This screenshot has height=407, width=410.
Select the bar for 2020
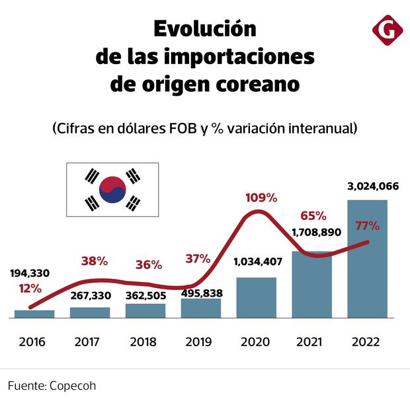click(x=256, y=297)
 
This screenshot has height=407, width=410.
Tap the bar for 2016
click(x=34, y=314)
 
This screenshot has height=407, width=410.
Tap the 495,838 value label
click(x=200, y=293)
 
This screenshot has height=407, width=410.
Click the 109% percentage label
click(x=261, y=197)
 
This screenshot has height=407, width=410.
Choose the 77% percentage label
click(x=367, y=225)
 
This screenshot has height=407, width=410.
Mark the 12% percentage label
click(x=30, y=288)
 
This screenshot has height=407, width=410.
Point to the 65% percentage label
click(x=313, y=215)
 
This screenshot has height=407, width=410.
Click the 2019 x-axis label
click(x=198, y=342)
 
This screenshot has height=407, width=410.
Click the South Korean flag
click(x=112, y=189)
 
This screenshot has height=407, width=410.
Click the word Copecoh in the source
click(x=68, y=385)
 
